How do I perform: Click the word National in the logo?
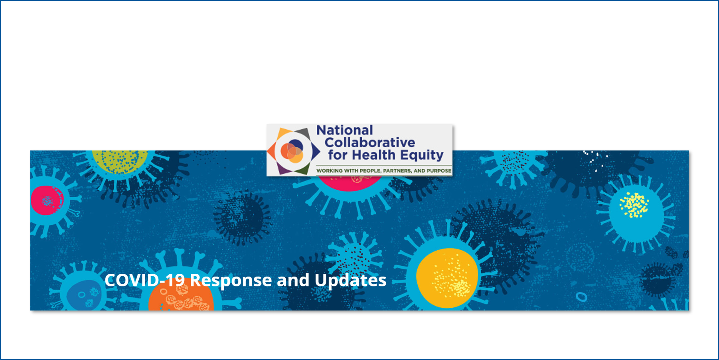tap(345, 130)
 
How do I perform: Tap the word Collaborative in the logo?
tap(370, 142)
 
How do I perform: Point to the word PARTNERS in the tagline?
tap(397, 171)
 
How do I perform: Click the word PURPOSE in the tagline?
tap(439, 171)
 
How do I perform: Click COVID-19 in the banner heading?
tap(145, 280)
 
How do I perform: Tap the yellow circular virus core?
tap(447, 278)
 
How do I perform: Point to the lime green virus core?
tap(120, 161)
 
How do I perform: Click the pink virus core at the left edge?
tap(47, 200)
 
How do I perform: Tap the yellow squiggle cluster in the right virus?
tap(634, 205)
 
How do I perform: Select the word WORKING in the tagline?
tap(330, 171)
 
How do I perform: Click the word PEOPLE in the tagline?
tap(370, 171)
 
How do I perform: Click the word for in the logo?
tap(338, 155)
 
